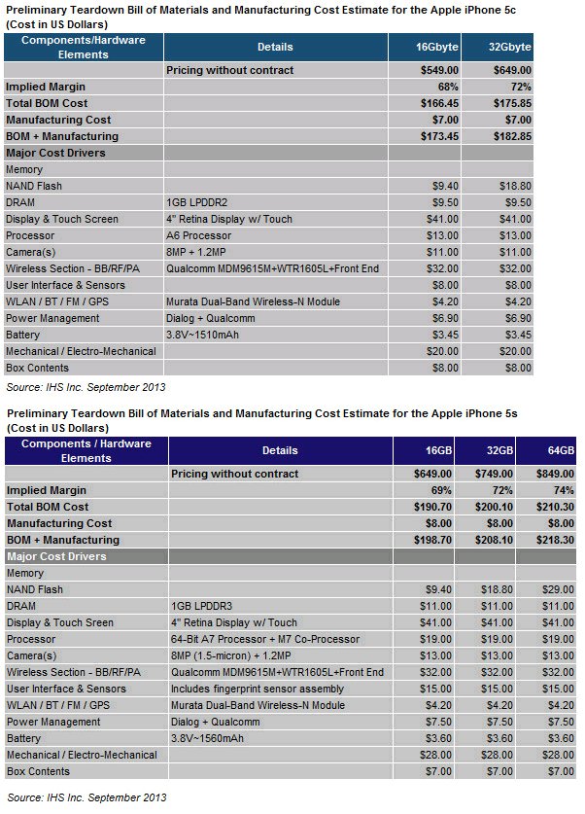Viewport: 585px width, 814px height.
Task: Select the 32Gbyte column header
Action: pos(510,47)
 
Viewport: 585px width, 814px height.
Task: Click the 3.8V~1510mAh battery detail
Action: pos(209,335)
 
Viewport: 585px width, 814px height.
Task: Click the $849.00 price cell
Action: pos(552,474)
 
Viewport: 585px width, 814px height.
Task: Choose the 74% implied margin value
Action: pos(561,490)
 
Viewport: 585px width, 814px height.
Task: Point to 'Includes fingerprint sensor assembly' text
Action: pos(257,689)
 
